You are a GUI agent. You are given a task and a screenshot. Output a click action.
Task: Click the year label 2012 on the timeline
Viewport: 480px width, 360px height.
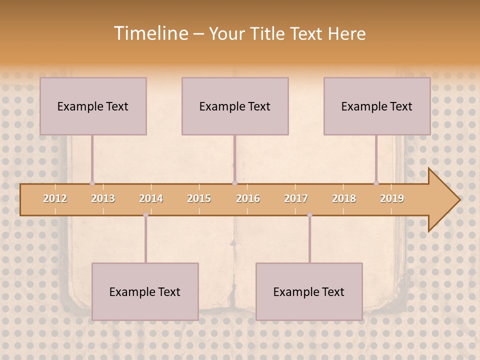(55, 198)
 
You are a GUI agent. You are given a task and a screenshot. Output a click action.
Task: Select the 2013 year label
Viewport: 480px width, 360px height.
(103, 198)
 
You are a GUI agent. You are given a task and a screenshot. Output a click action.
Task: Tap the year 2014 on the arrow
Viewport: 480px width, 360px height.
(151, 198)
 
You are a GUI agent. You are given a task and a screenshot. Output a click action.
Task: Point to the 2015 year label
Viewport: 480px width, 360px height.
(199, 198)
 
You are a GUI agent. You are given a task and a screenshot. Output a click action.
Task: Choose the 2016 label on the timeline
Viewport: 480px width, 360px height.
(248, 198)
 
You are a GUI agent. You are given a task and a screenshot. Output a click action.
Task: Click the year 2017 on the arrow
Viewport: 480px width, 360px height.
(296, 198)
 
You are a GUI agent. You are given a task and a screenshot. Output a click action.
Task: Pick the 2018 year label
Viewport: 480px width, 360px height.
(344, 198)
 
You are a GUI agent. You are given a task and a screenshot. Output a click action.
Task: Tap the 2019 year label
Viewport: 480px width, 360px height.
(392, 198)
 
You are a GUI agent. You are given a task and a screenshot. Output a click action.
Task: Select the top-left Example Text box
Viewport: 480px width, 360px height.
(93, 106)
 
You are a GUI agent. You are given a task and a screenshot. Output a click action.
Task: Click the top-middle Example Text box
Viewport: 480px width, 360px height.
(235, 106)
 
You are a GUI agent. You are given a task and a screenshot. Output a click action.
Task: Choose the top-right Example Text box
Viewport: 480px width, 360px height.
(377, 106)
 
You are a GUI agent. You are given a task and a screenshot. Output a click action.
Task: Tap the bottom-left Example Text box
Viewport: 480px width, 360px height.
(145, 291)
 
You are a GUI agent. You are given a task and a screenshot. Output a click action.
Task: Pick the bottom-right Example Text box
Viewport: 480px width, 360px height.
(309, 291)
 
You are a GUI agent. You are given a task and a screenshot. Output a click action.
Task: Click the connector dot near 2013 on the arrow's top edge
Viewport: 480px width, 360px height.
(92, 183)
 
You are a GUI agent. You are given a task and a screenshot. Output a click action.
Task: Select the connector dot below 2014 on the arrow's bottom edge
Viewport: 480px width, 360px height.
(145, 215)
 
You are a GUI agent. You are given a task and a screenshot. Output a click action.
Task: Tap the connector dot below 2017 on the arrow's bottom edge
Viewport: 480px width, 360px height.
(309, 215)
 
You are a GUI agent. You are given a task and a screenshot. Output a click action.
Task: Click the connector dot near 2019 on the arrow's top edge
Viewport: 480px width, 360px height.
(376, 183)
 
